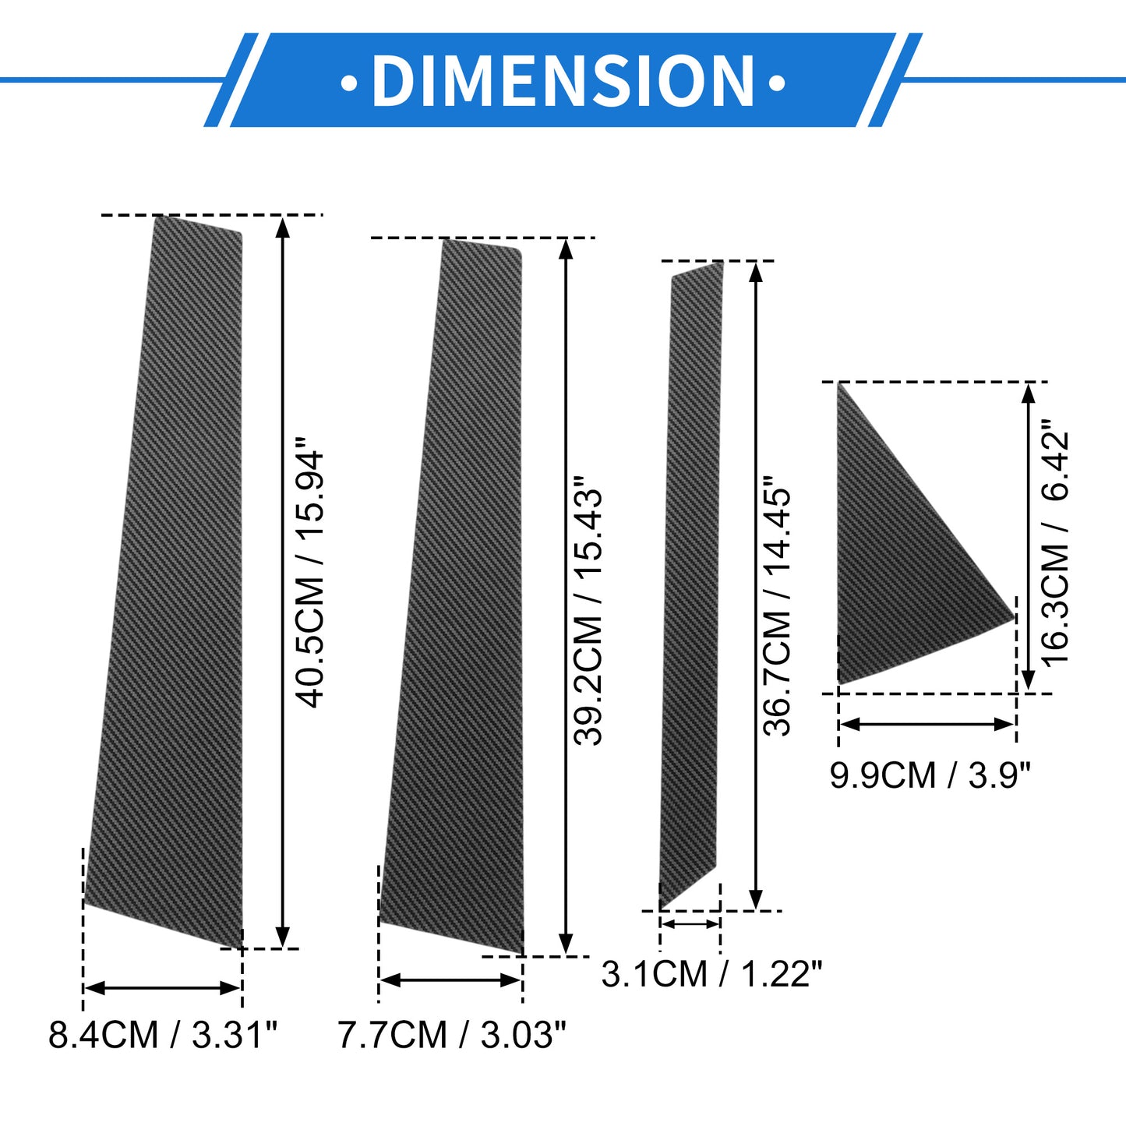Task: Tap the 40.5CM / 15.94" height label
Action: [308, 579]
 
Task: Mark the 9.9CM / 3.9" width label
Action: [931, 775]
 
